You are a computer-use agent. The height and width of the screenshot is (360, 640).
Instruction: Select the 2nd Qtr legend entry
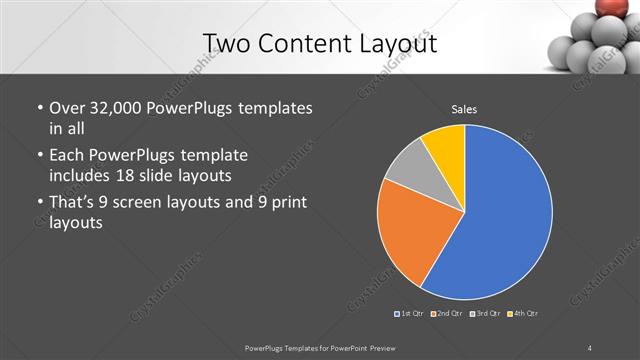tap(449, 314)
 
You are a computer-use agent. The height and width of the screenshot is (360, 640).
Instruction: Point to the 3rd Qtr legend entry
tap(487, 314)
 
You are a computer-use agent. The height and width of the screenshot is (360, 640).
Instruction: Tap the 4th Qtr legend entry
tap(524, 314)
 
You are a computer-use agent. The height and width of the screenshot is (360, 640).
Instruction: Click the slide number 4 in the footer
tap(590, 348)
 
